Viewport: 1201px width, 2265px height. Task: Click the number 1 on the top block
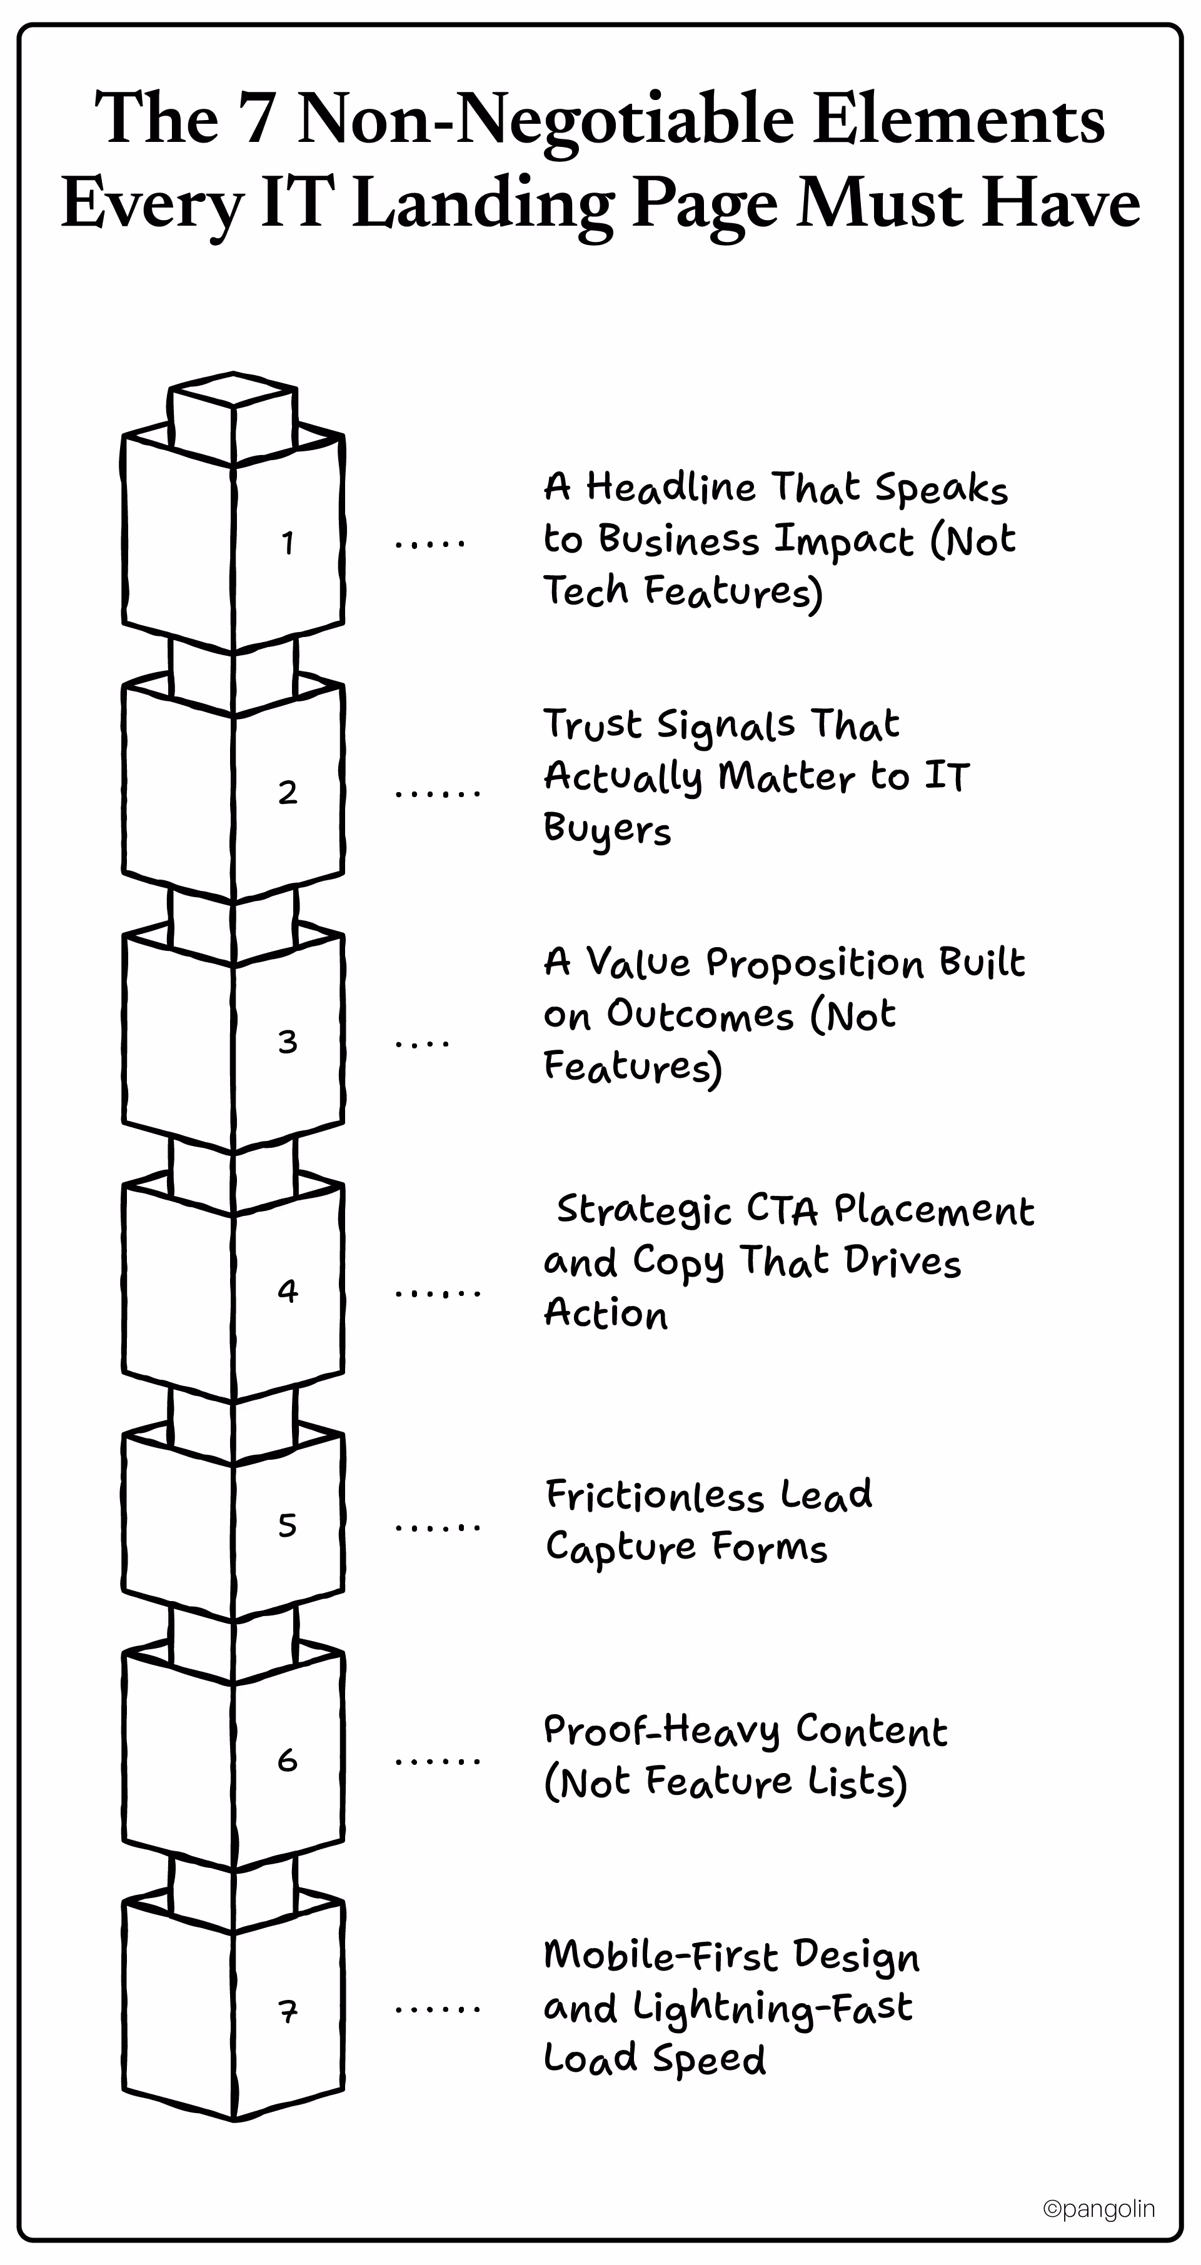coord(288,543)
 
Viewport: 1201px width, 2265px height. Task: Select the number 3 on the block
coord(288,1042)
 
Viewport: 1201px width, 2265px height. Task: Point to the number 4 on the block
coord(288,1291)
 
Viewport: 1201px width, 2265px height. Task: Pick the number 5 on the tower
coord(288,1525)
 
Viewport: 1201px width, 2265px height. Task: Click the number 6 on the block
coord(288,1759)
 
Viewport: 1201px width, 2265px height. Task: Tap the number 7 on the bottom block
coord(288,2010)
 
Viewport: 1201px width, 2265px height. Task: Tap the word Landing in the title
coord(483,203)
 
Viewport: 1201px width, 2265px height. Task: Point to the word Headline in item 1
coord(671,487)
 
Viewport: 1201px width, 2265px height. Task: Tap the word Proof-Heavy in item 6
coord(662,1731)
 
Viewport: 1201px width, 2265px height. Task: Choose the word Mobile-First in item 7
coord(662,1956)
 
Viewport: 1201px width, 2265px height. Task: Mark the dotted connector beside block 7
coord(437,2010)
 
